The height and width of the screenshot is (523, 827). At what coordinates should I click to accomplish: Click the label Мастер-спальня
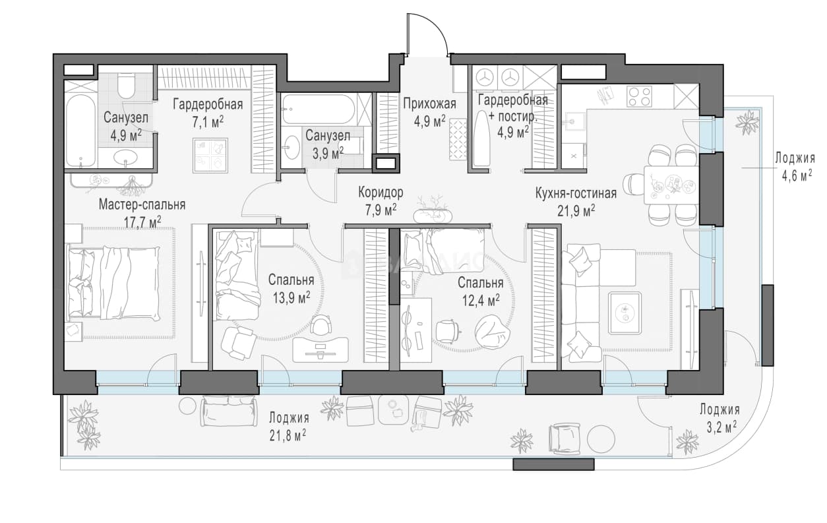tap(142, 204)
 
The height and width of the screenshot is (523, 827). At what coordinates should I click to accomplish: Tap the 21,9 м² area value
tap(576, 211)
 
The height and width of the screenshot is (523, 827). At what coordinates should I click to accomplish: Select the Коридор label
tap(381, 193)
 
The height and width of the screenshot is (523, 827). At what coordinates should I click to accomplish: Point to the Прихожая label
tap(429, 104)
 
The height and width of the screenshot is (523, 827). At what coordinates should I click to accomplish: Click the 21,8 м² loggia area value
tap(288, 435)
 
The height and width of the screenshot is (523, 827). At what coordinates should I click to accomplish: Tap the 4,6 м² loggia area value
tap(797, 175)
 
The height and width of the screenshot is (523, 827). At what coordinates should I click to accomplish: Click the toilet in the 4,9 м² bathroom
tap(126, 86)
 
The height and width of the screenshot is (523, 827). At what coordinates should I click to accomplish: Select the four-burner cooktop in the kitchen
tap(638, 96)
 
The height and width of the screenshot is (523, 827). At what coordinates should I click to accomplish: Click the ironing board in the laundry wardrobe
tap(481, 138)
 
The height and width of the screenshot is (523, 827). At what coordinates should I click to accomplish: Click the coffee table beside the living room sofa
tap(625, 313)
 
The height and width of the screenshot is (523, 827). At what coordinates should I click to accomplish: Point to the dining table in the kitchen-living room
tap(671, 185)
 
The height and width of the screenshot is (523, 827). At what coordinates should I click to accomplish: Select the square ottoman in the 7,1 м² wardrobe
tap(210, 155)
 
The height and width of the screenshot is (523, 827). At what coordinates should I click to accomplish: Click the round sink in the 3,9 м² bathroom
tap(292, 147)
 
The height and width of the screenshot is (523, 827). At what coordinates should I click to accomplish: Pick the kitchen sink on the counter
tap(572, 120)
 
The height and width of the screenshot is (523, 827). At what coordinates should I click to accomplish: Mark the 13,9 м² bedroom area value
tap(291, 297)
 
